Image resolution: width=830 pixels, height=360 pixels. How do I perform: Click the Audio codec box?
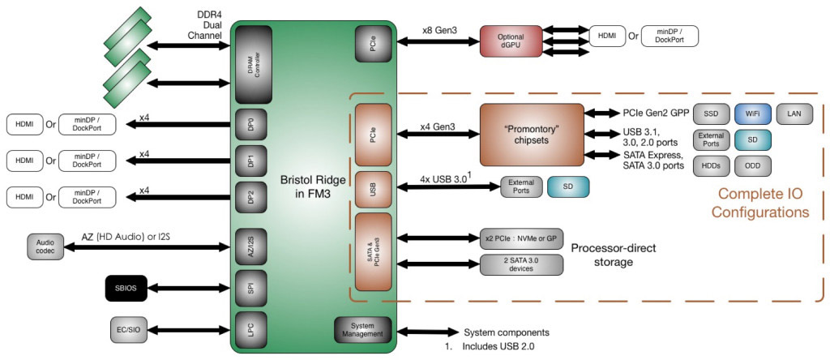45,246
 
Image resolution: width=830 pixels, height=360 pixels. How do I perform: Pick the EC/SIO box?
130,329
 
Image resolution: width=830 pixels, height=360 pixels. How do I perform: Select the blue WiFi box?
752,114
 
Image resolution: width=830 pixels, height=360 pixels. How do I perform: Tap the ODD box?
752,165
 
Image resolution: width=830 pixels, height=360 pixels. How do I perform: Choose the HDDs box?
711,165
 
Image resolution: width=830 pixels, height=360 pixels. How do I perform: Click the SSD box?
711,114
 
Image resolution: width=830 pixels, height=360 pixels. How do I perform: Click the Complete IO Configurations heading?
759,203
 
